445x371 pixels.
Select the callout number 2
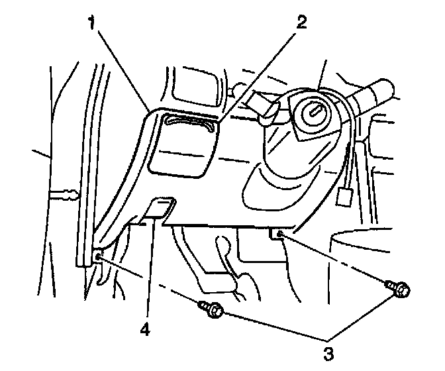[x=302, y=23]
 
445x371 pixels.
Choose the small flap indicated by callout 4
[x=160, y=209]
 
